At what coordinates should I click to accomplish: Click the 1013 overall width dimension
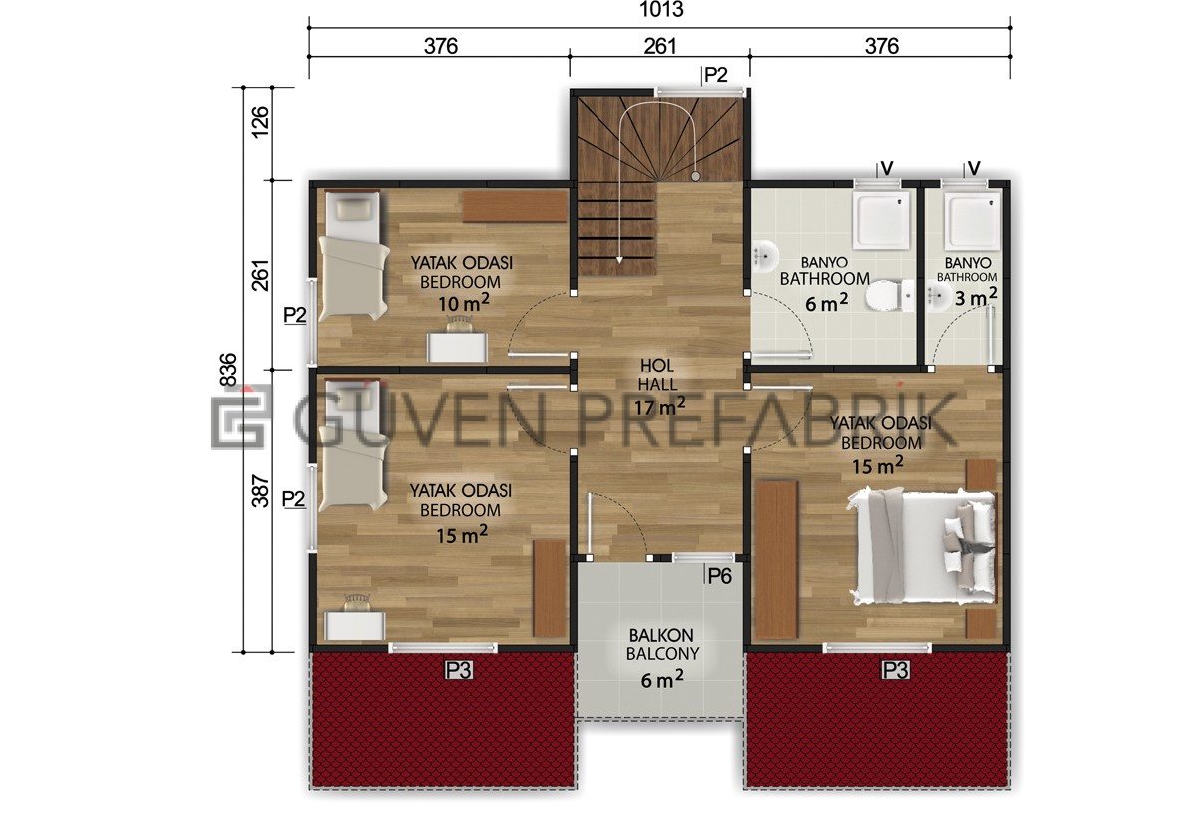coord(661,10)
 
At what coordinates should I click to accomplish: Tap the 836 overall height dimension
coord(228,369)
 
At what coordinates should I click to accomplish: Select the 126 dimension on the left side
coord(260,122)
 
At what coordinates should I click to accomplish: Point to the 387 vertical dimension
coord(260,491)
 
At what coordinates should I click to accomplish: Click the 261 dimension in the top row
coord(660,46)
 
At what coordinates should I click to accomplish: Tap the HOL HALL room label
coord(657,375)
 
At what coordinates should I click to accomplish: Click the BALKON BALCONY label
coord(662,644)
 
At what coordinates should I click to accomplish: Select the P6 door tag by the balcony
coord(719,576)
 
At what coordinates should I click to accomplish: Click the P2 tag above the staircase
coord(715,76)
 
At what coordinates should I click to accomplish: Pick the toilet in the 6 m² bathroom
coord(888,296)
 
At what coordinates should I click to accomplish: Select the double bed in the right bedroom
coord(923,546)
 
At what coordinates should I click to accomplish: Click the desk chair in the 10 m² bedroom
coord(460,324)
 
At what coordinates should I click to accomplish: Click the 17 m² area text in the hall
coord(659,407)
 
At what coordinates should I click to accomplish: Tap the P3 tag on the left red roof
coord(459,670)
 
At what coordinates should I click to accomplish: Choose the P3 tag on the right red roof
coord(895,670)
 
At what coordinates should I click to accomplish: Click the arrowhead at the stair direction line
coord(619,260)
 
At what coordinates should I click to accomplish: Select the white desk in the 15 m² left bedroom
coord(355,625)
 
